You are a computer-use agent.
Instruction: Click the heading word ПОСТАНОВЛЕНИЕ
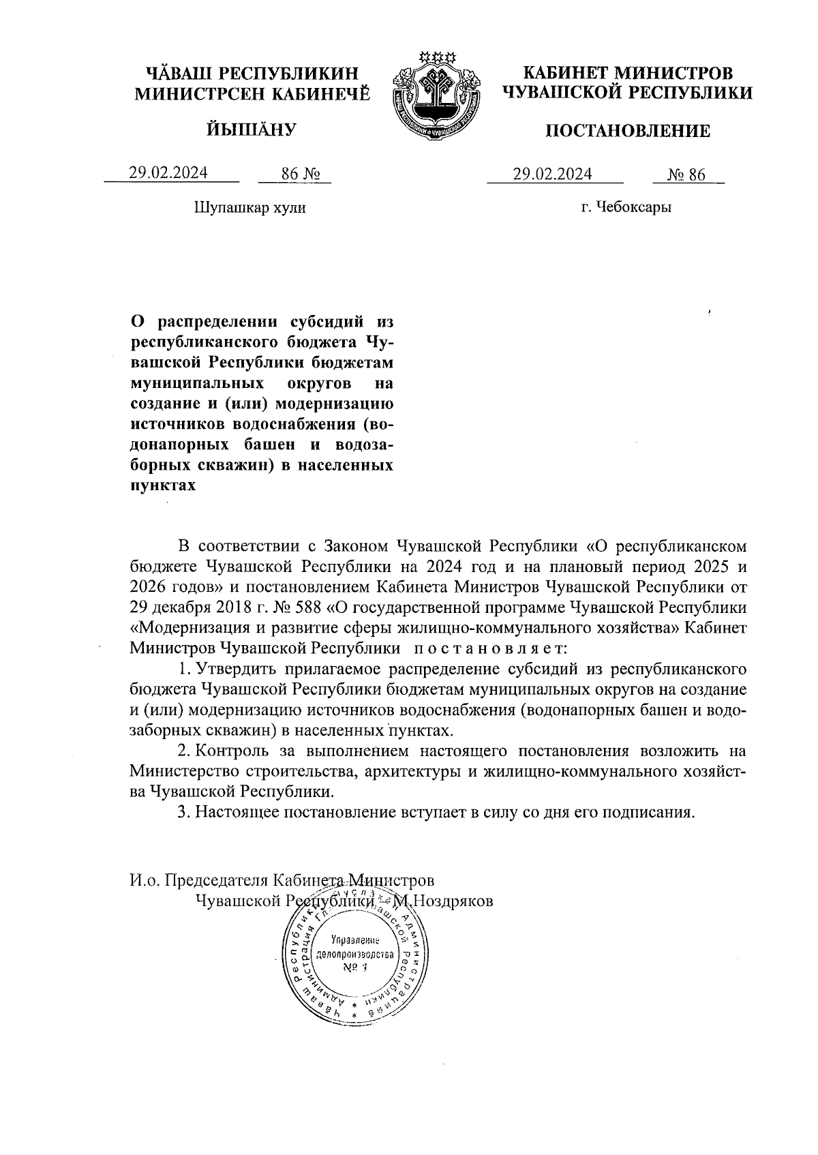pos(627,131)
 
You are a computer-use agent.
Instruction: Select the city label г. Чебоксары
pos(626,207)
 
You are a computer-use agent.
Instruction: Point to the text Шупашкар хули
pos(250,207)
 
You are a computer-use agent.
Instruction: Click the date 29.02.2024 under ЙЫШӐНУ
pos(168,173)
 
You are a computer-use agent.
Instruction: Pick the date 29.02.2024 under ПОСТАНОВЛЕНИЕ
pos(553,174)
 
